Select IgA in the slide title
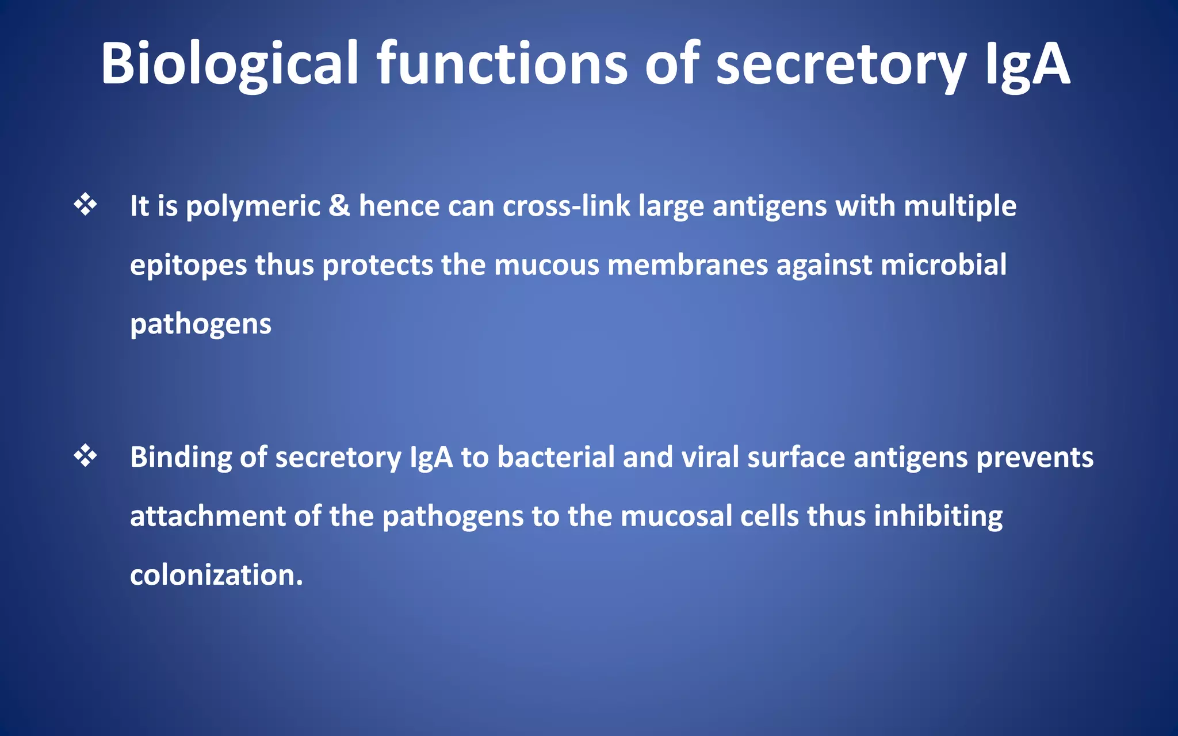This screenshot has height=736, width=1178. coord(1027,64)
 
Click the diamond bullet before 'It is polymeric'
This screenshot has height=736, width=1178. coord(85,205)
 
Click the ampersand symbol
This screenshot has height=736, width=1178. coord(339,205)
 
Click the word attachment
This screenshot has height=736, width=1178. coord(208,516)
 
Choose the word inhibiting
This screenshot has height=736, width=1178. coord(938,516)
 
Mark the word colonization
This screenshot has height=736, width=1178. coord(216,575)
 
